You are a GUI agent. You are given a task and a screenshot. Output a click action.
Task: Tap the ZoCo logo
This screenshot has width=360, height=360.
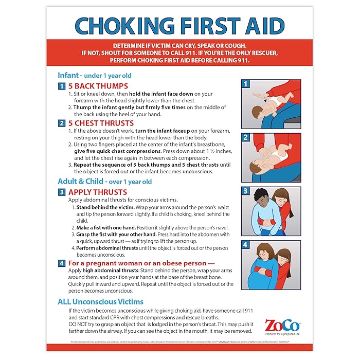pyautogui.click(x=283, y=326)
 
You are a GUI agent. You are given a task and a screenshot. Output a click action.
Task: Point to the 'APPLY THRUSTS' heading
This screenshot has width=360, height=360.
pyautogui.click(x=98, y=192)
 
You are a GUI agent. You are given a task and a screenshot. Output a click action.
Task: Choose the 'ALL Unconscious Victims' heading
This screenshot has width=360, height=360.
pyautogui.click(x=100, y=301)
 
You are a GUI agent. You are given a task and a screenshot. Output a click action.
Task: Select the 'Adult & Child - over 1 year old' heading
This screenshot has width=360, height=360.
pyautogui.click(x=104, y=181)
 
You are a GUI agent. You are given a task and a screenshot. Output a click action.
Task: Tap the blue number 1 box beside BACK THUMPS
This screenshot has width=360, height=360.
pyautogui.click(x=61, y=86)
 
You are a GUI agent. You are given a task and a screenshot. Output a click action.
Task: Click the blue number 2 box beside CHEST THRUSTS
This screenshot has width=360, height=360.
pyautogui.click(x=61, y=123)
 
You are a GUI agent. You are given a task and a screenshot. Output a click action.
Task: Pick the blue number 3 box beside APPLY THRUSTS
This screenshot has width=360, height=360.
pyautogui.click(x=61, y=192)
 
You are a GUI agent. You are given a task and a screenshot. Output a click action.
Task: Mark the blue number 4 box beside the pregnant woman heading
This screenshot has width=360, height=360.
pyautogui.click(x=61, y=263)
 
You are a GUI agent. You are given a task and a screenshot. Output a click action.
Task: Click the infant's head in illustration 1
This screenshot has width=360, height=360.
pyautogui.click(x=257, y=114)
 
